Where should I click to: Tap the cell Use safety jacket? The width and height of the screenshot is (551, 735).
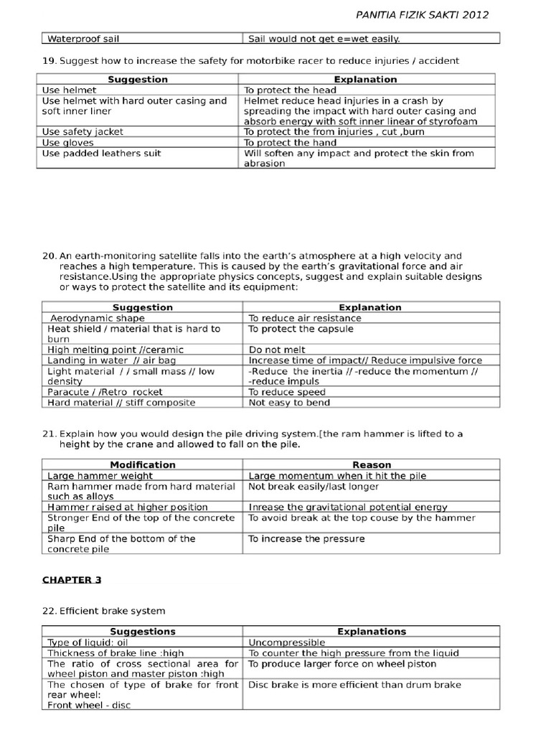[83, 131]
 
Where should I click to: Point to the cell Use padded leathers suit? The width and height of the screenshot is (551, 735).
[101, 153]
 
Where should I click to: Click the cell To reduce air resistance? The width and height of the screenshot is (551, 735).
[305, 318]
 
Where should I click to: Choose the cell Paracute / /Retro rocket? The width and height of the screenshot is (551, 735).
[105, 392]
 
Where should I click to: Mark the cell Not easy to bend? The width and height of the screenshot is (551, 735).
[289, 403]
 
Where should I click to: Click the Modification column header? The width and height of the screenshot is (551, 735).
[142, 464]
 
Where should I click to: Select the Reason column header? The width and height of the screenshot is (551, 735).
[372, 464]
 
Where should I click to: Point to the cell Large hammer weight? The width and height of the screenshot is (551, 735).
[100, 475]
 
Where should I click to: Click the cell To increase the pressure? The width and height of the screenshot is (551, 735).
[306, 538]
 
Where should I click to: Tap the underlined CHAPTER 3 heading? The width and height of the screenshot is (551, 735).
[72, 580]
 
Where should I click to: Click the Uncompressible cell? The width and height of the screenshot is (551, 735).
[286, 642]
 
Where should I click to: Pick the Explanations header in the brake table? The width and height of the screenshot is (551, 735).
[372, 632]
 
